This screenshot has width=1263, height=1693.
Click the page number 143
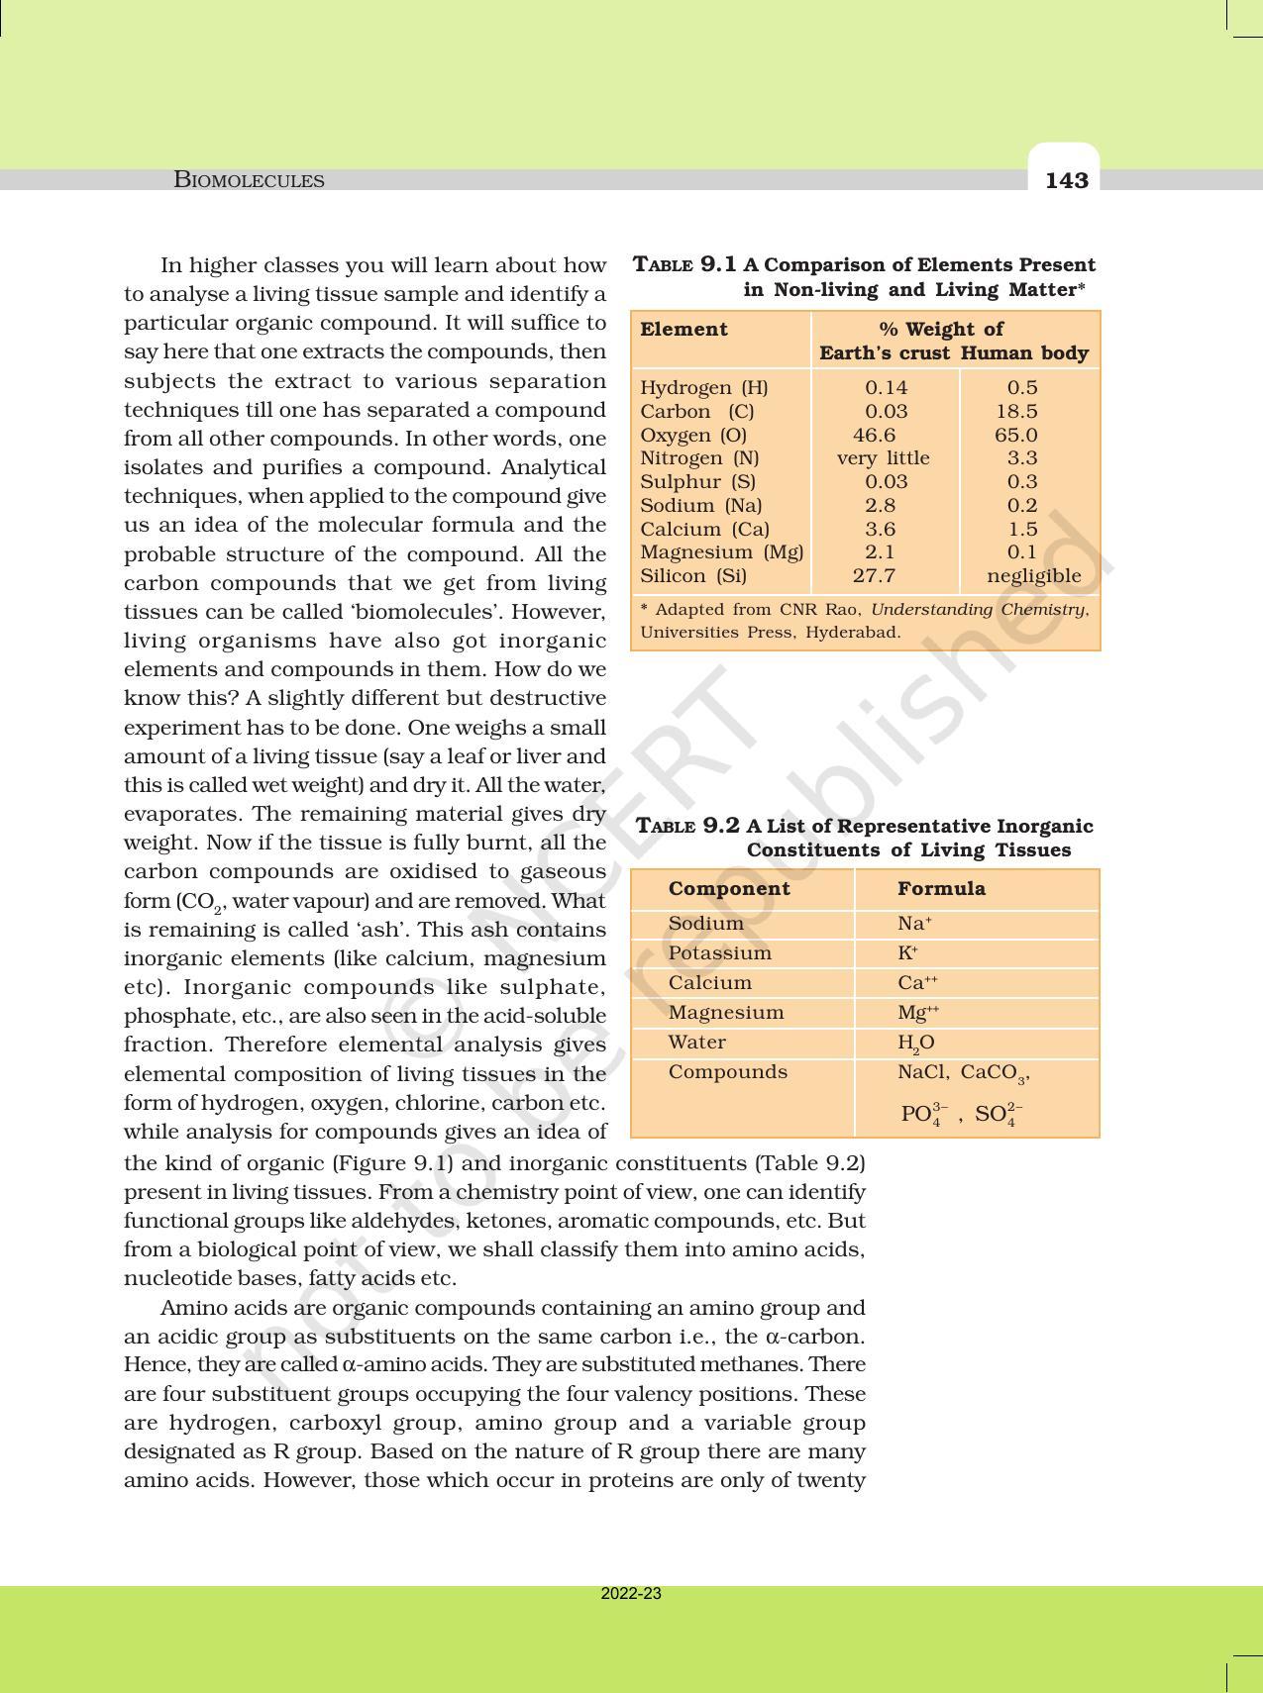[x=1066, y=180]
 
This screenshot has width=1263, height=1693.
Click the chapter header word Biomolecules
[x=249, y=180]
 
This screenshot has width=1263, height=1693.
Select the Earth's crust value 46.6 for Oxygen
[x=874, y=435]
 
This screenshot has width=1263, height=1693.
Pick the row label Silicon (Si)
[x=693, y=575]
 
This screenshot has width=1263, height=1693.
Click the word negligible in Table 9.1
[x=1033, y=575]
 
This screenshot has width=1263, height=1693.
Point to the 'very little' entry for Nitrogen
[x=883, y=457]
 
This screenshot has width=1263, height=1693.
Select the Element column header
[x=684, y=329]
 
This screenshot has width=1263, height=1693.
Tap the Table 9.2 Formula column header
[x=941, y=888]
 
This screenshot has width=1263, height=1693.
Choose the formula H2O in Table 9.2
[x=915, y=1043]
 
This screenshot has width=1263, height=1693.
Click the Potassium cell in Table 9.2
[x=719, y=952]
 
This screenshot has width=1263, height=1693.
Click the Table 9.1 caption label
[x=684, y=264]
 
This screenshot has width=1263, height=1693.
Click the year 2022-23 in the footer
[x=631, y=1594]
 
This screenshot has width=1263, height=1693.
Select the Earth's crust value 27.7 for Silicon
[x=874, y=575]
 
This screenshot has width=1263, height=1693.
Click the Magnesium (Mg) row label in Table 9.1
[x=721, y=551]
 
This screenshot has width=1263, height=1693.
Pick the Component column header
[x=729, y=888]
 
